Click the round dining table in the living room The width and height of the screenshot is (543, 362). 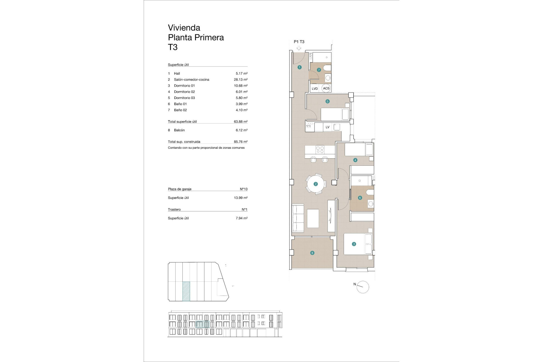[x=316, y=184]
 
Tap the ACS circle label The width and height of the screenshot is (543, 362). [x=326, y=88]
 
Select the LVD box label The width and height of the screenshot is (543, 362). [x=315, y=89]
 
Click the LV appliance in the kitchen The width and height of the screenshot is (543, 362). [x=327, y=127]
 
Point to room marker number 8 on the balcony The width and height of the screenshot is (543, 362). [x=312, y=253]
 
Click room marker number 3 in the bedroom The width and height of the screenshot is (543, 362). [x=354, y=244]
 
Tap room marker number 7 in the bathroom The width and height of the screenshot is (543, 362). [x=319, y=70]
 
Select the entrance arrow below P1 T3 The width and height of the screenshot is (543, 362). [x=299, y=48]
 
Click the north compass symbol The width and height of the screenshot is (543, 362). [x=363, y=287]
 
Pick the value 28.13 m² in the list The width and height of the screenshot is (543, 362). [x=240, y=79]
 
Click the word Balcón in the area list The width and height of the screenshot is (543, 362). [x=179, y=130]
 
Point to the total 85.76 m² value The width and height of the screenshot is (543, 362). [x=240, y=142]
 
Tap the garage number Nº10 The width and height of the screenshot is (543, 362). [x=244, y=189]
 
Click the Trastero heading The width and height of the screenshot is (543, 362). [x=174, y=209]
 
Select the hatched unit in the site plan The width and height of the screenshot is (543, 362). [x=186, y=291]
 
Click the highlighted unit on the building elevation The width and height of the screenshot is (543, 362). [x=202, y=324]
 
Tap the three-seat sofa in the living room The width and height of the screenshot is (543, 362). [x=298, y=218]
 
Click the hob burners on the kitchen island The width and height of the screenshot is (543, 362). [x=320, y=149]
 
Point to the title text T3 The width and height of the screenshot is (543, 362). [x=173, y=47]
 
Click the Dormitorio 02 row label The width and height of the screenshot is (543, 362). [x=184, y=92]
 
